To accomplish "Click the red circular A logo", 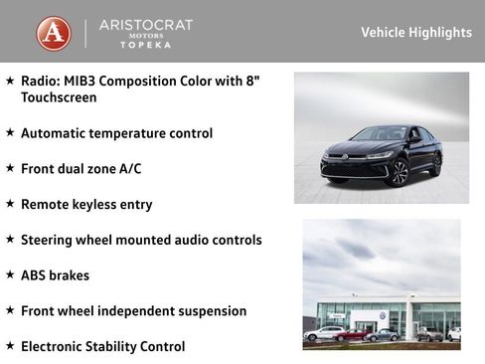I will [x=54, y=33].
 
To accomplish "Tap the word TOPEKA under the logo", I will [x=145, y=46].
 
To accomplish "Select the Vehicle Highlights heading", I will [x=415, y=33].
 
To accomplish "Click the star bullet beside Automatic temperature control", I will [x=10, y=132].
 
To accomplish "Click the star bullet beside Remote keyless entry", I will [x=10, y=204].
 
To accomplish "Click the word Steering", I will [x=49, y=240].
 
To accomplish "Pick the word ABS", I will [x=34, y=275].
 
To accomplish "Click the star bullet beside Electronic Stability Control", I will [x=10, y=346].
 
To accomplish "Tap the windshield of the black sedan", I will [x=383, y=134].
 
